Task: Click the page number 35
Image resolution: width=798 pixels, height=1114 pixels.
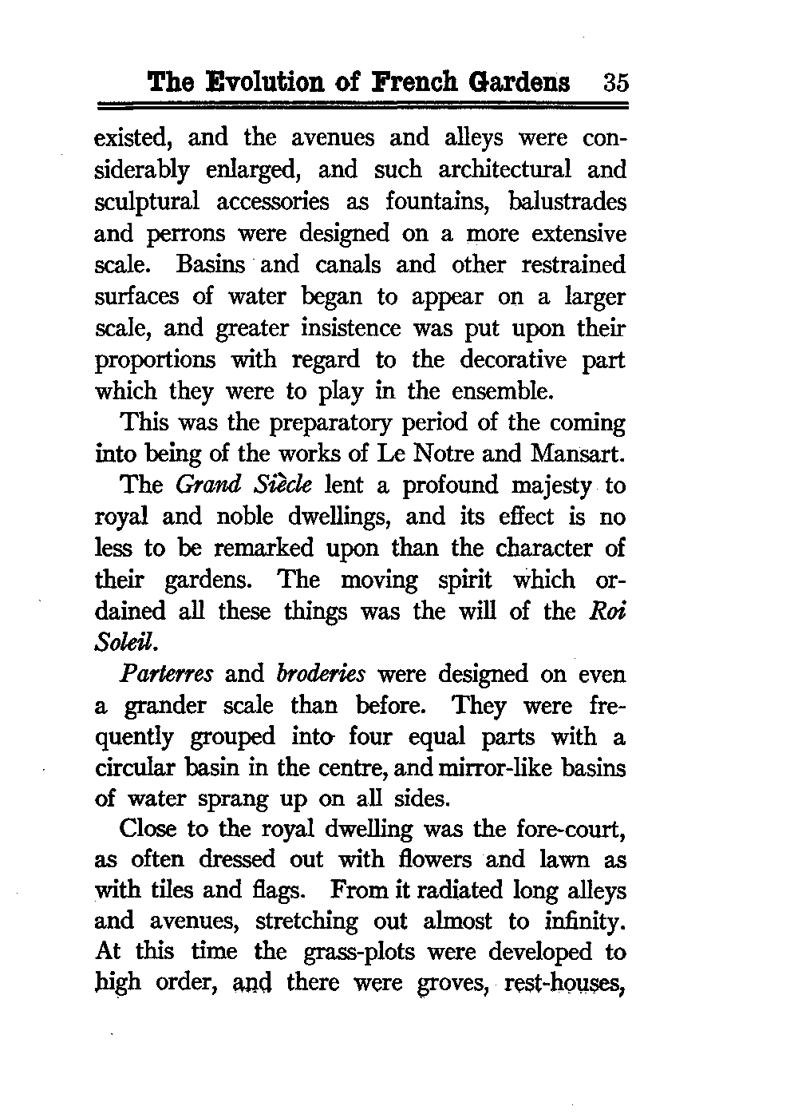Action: [616, 82]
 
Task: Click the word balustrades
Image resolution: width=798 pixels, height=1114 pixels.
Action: [567, 201]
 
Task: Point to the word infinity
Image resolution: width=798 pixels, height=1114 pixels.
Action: [580, 921]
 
